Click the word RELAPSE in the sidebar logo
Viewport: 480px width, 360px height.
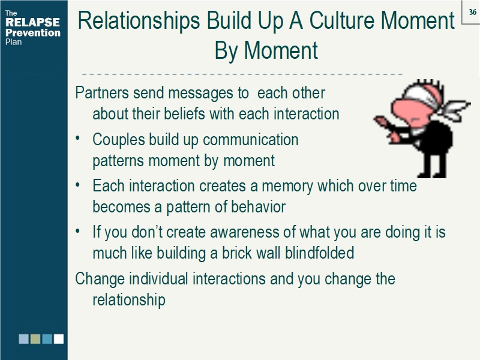32,23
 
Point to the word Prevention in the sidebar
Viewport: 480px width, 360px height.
33,33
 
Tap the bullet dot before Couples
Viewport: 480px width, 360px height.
79,139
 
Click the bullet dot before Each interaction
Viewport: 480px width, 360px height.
79,186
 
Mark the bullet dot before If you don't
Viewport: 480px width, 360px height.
79,232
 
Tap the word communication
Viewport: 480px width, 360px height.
250,140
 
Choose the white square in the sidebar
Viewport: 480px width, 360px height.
58,338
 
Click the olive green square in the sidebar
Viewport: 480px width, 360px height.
35,338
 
